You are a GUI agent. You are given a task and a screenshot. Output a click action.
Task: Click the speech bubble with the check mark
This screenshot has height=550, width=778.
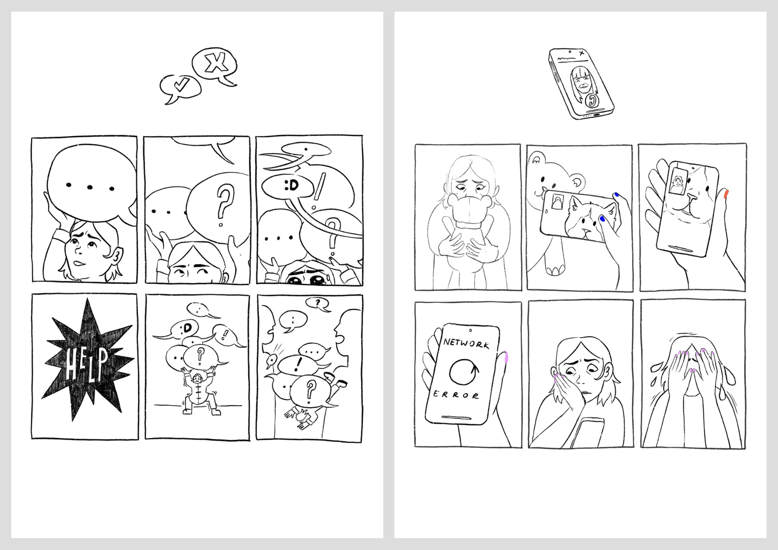tap(180, 88)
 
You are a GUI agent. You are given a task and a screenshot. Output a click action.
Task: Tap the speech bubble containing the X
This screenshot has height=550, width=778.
tap(215, 65)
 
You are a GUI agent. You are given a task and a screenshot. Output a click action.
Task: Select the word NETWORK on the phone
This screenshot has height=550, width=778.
tap(466, 343)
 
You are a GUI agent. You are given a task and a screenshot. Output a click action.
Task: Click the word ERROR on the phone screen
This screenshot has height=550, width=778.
tap(456, 395)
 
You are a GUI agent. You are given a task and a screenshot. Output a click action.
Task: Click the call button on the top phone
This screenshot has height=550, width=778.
tap(592, 100)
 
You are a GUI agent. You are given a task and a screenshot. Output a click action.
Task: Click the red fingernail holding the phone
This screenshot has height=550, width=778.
tap(726, 194)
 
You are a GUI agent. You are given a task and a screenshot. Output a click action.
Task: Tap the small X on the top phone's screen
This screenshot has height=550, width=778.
tap(582, 53)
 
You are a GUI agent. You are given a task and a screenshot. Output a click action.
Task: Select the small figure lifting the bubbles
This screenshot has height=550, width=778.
tap(198, 393)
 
